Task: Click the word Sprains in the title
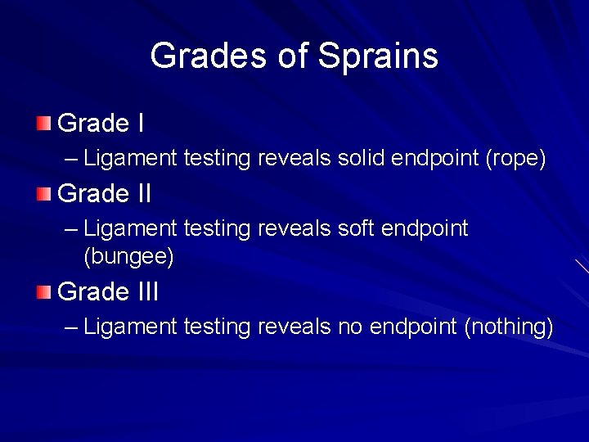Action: click(378, 56)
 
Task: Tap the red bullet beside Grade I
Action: click(43, 124)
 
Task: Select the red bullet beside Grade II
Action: click(43, 194)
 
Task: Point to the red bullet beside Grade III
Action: click(43, 291)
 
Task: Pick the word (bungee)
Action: click(128, 257)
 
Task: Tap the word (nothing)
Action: click(509, 327)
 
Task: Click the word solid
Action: click(362, 158)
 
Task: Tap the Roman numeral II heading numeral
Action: click(141, 194)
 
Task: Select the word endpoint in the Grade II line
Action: click(425, 228)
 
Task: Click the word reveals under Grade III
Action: click(294, 327)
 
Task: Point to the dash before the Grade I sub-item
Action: click(70, 158)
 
